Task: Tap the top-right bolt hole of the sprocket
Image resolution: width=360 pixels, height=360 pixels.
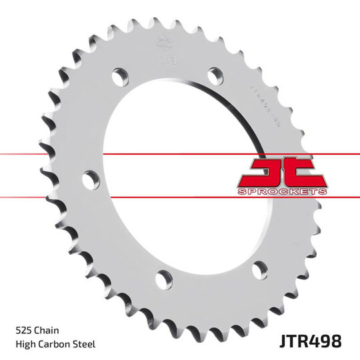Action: (x=215, y=75)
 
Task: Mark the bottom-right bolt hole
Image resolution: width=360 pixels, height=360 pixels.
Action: (x=259, y=270)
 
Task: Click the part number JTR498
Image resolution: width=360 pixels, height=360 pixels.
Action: (x=307, y=341)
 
